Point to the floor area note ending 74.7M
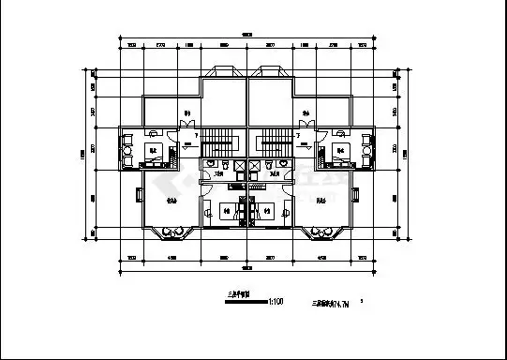(x=330, y=303)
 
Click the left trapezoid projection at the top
(x=226, y=72)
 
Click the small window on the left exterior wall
(x=140, y=196)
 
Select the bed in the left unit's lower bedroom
(x=228, y=211)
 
